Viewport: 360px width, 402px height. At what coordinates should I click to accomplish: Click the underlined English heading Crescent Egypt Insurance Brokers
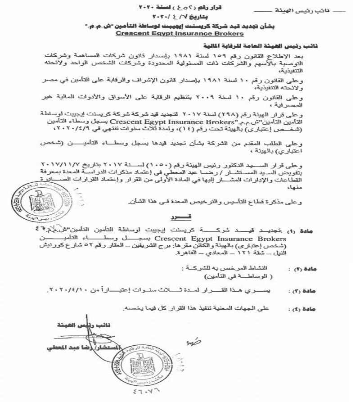tap(180, 33)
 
